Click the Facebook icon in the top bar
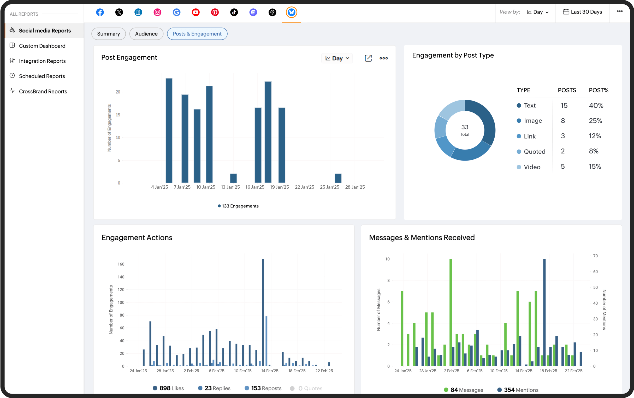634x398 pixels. coord(100,12)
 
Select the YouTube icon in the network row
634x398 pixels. coord(195,12)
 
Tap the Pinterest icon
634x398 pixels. coord(215,12)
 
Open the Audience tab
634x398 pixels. coord(146,34)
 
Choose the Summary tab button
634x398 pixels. coord(108,34)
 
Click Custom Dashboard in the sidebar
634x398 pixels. coord(42,46)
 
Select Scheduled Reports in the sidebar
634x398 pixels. coord(42,76)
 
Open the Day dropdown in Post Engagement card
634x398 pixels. coord(337,58)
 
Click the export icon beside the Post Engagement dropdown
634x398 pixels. coord(368,58)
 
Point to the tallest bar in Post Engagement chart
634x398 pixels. coord(169,130)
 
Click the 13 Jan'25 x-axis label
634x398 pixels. coord(230,187)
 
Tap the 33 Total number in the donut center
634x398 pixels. coord(465,127)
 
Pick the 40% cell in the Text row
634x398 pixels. coord(596,105)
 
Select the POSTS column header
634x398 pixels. coord(567,90)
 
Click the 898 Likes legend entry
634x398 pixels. coord(168,388)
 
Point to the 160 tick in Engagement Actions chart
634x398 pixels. coord(121,264)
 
